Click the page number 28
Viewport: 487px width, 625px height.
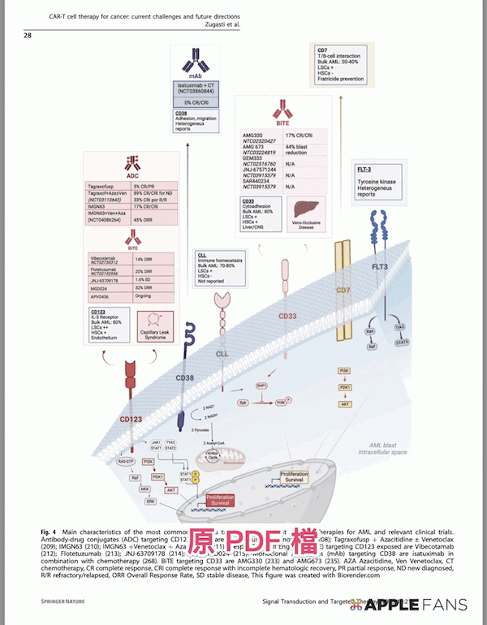click(28, 35)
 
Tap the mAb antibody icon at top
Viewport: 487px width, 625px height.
click(196, 62)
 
